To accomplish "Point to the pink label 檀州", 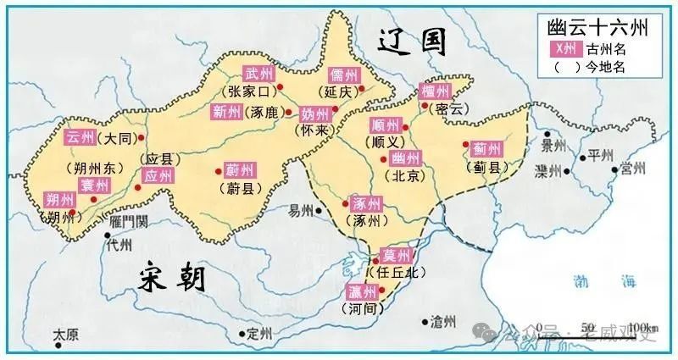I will [x=436, y=91].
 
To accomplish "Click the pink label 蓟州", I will [x=487, y=148].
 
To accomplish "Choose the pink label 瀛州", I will [x=362, y=292].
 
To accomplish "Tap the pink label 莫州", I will [x=391, y=255].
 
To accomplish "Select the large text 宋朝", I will [x=172, y=278].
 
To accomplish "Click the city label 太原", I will [x=65, y=336].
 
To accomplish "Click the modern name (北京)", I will [x=401, y=177].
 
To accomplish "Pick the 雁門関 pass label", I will [x=129, y=222].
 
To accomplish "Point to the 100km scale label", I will [x=643, y=329].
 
